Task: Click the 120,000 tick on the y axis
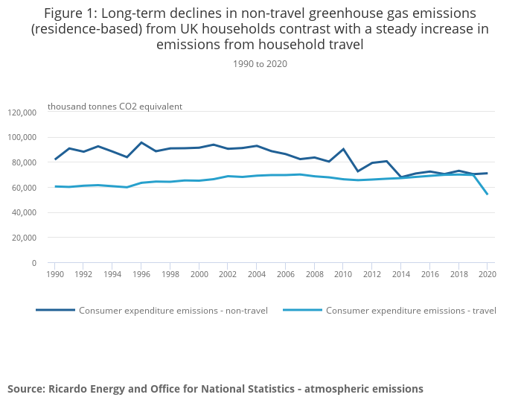22,112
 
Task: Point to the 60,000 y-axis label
24,188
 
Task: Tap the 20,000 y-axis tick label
24,238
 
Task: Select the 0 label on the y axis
33,263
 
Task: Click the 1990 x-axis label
54,274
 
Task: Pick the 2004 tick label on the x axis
256,274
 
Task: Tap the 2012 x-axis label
371,274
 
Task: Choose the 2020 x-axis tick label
487,274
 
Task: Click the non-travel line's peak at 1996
141,142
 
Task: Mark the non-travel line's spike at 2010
343,149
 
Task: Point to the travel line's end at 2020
487,194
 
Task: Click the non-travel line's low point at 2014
400,177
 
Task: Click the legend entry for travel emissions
410,311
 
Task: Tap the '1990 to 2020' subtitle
260,64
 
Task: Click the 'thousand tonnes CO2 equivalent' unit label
115,107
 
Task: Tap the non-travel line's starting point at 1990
55,159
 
